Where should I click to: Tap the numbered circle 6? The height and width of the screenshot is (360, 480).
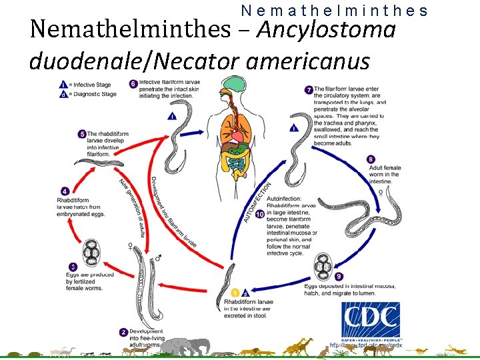pos(133,84)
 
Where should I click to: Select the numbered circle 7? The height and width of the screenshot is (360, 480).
pos(309,89)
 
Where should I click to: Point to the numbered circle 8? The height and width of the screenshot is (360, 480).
pos(371,159)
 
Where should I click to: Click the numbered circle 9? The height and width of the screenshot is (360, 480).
pos(339,277)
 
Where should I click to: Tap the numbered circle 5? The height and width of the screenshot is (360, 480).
pos(82,133)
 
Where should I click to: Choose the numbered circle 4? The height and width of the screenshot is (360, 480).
pos(65,191)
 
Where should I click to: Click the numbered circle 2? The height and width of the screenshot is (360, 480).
pos(123,331)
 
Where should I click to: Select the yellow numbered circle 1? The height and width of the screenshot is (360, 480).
pos(235,292)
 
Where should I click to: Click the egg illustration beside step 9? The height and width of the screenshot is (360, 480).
pos(323,267)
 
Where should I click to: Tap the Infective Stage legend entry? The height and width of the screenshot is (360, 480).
pos(87,85)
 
